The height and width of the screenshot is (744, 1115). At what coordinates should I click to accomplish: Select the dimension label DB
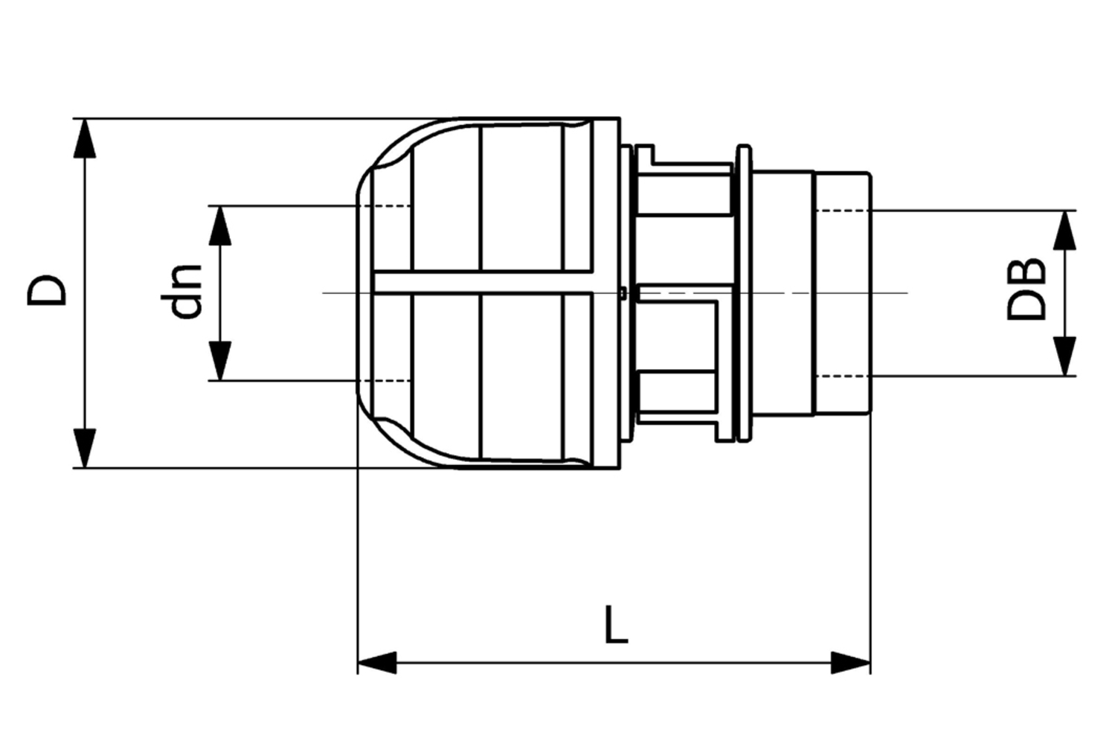(1026, 290)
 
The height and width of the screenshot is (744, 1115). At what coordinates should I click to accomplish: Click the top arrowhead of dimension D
(86, 138)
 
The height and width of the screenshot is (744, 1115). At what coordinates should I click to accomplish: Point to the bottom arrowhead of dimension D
(86, 448)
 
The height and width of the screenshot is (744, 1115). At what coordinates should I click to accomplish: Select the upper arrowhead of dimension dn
(220, 225)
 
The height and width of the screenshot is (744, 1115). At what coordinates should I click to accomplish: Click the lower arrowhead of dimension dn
(220, 360)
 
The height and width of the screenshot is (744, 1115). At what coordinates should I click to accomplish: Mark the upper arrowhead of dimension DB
(1065, 230)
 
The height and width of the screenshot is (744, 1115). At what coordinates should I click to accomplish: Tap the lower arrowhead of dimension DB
(1065, 356)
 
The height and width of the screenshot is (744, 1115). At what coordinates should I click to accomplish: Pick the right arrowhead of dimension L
(851, 662)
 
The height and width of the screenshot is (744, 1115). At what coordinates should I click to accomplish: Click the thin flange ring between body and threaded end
(742, 293)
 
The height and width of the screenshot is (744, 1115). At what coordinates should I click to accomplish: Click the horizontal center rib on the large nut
(483, 283)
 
